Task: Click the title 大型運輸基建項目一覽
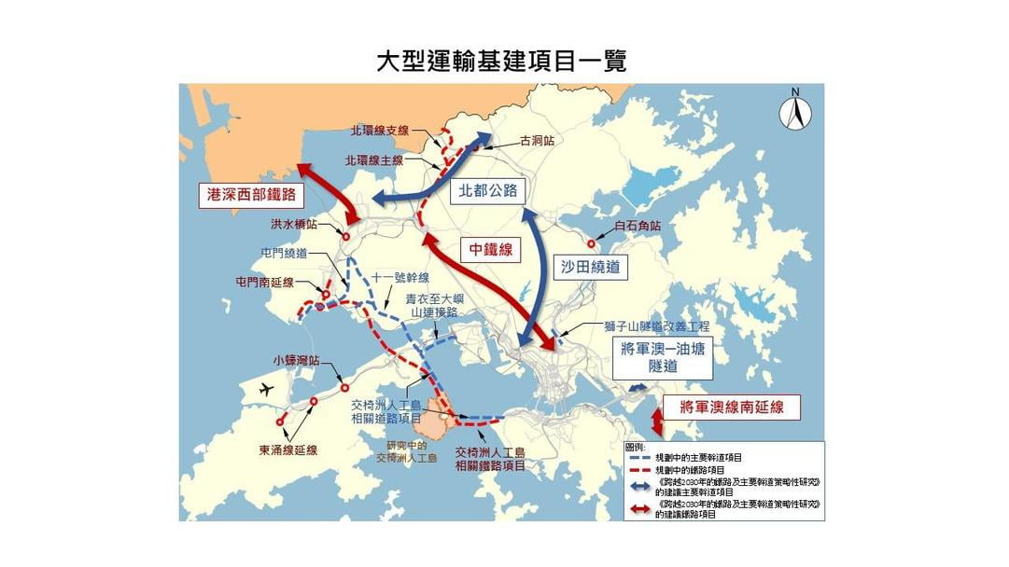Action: tap(501, 61)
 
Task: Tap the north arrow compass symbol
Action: tap(795, 110)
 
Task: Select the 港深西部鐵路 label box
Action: tap(251, 195)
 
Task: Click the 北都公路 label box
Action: tap(487, 191)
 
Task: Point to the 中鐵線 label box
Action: tap(491, 249)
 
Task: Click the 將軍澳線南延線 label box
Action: tap(732, 406)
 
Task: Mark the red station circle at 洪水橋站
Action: tap(346, 237)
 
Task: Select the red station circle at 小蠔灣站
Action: tap(344, 386)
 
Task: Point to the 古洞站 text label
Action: tap(537, 141)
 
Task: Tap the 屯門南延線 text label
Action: tap(265, 282)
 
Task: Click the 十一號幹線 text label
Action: tap(400, 277)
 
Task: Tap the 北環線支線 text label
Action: tap(380, 131)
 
